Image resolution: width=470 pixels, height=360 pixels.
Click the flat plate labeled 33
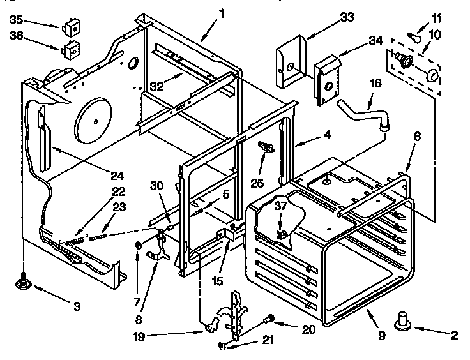coord(288,64)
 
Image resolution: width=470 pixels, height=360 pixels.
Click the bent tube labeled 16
coord(363,109)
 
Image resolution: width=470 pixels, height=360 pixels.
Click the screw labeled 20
coord(269,318)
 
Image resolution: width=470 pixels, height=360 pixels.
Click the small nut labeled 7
coord(137,245)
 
